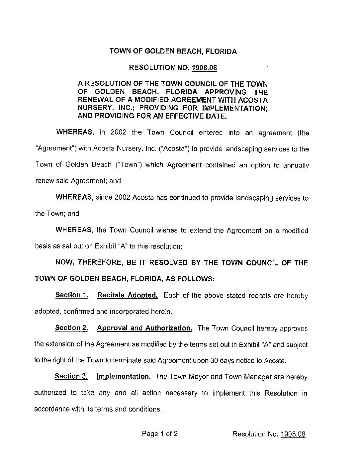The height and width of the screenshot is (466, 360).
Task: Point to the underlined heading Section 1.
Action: [x=72, y=295]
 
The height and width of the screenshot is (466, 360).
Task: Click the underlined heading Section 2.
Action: [x=72, y=328]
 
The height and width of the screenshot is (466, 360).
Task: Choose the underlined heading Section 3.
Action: [x=71, y=376]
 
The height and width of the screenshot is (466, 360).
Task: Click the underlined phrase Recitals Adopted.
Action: [x=128, y=295]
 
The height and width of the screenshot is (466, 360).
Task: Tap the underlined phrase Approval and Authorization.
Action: [x=144, y=328]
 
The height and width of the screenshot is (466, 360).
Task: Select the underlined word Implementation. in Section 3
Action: [x=124, y=377]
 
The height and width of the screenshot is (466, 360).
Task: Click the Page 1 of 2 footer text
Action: [x=160, y=433]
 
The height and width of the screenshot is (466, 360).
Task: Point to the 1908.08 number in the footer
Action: [x=293, y=434]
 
